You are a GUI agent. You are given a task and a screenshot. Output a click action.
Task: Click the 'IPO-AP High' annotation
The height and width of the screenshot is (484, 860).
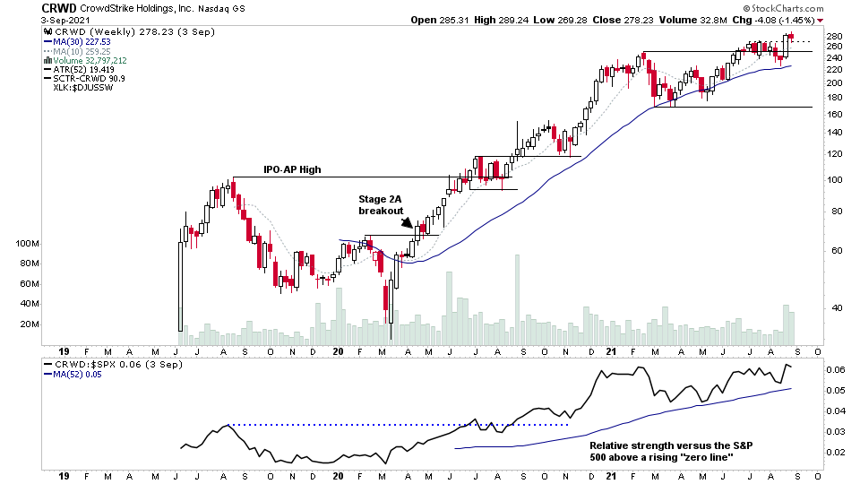click(292, 169)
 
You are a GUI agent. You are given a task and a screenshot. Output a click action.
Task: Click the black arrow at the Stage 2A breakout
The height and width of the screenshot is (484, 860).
click(408, 223)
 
